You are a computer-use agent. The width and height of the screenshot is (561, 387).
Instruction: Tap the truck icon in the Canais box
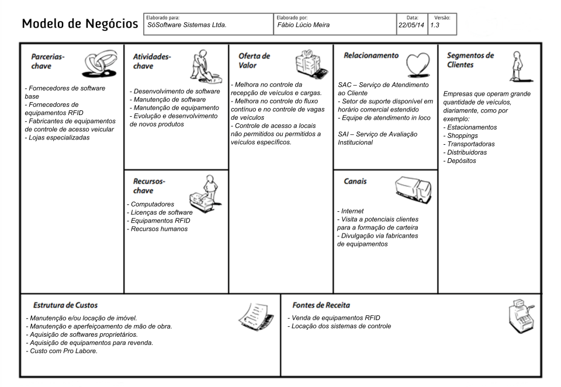tap(413, 187)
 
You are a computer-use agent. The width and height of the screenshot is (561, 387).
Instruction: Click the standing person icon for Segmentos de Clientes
tap(517, 65)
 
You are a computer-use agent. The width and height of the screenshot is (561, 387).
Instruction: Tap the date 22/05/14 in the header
tap(411, 25)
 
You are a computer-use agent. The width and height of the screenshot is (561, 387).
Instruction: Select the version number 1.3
tap(435, 25)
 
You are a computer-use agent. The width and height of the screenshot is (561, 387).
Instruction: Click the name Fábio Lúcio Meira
tap(303, 25)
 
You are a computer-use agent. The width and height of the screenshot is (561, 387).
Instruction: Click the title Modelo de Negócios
tap(80, 24)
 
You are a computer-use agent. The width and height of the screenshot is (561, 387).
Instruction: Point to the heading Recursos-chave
tap(149, 186)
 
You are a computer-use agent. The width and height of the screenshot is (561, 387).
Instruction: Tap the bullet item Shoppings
tap(462, 135)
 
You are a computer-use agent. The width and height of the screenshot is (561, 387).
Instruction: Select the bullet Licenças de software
tap(161, 212)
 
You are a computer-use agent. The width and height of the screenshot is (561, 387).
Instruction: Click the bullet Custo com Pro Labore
tap(61, 351)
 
